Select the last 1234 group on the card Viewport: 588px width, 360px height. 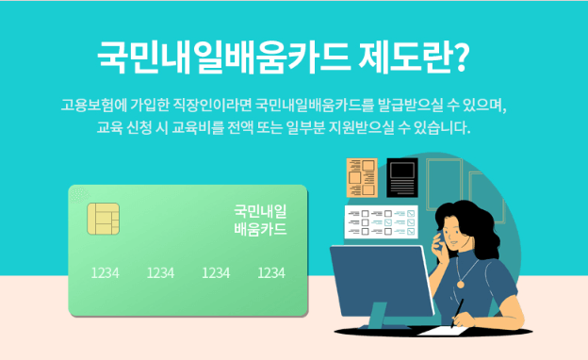pos(271,272)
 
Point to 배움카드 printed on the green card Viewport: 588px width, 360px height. pos(260,229)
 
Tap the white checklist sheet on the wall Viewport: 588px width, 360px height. pos(384,222)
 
